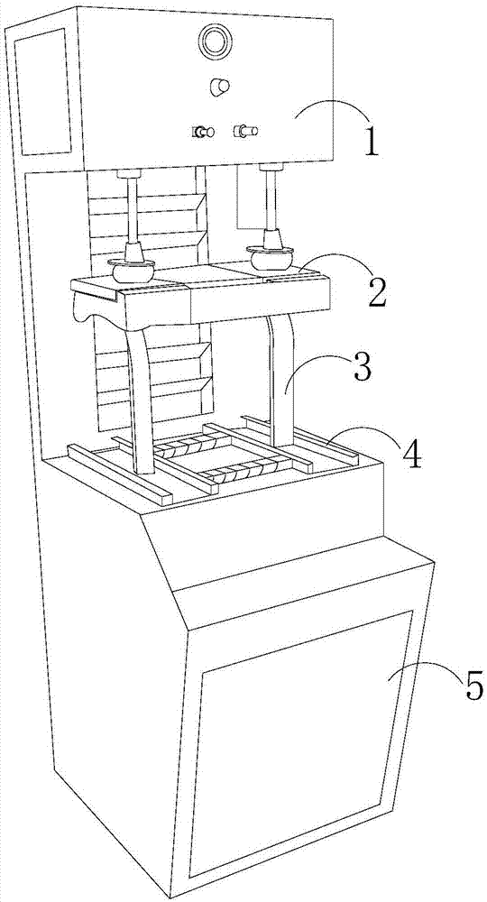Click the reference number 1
pyautogui.click(x=372, y=142)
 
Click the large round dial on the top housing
pyautogui.click(x=214, y=41)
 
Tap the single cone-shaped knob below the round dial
pyautogui.click(x=220, y=87)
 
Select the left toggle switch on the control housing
pyautogui.click(x=203, y=133)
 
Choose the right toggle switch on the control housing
pyautogui.click(x=245, y=131)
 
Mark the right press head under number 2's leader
pyautogui.click(x=271, y=257)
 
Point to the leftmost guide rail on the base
pyautogui.click(x=121, y=474)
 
